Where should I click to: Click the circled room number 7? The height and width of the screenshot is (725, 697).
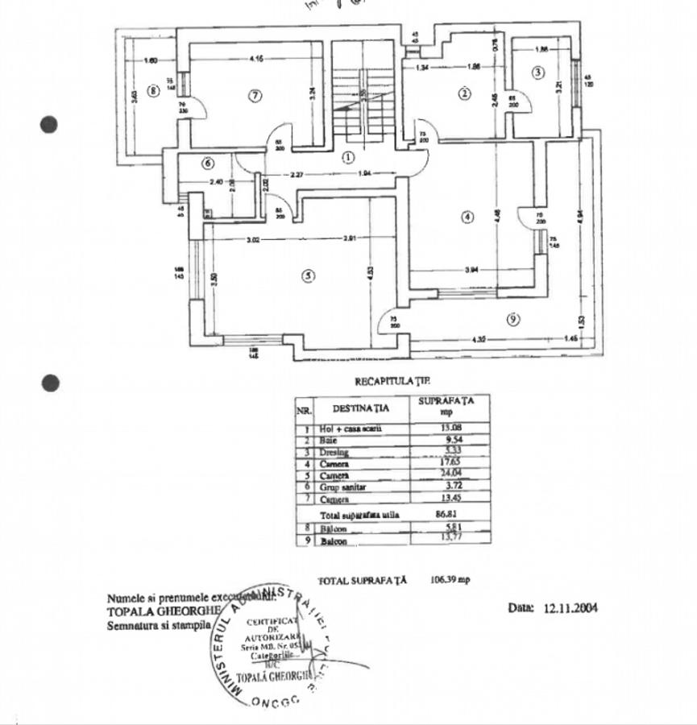tap(255, 96)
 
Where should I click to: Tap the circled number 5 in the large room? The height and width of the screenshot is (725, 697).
tap(307, 276)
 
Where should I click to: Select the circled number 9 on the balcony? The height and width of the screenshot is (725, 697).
tap(513, 320)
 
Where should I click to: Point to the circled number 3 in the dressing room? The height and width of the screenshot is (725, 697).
tap(538, 73)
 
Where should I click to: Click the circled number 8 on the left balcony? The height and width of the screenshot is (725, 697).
tap(152, 90)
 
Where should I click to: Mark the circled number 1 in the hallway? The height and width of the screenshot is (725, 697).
tap(348, 157)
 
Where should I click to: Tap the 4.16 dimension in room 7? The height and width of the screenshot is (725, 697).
tap(257, 58)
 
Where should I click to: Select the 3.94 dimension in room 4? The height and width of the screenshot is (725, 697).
tap(472, 271)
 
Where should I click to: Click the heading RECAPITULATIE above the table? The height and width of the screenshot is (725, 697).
tap(392, 379)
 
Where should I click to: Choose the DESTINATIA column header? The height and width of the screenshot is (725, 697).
tap(360, 408)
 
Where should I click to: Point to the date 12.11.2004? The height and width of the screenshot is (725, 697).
tap(570, 608)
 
